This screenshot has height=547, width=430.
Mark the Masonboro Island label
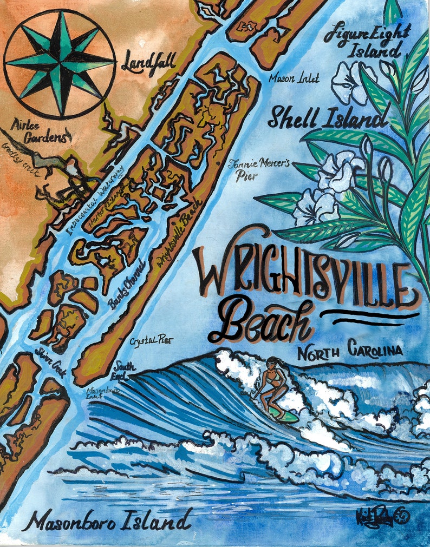point(108,522)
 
